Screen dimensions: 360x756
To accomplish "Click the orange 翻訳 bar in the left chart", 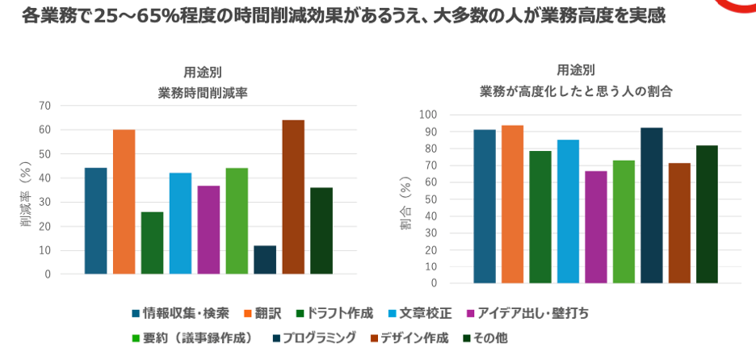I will [x=124, y=202].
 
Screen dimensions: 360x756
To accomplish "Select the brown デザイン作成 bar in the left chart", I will [x=293, y=197].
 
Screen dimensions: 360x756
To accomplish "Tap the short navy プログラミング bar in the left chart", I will [x=265, y=260].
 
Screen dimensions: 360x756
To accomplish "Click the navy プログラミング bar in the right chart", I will [x=651, y=205].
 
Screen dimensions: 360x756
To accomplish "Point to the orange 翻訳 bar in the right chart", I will [x=512, y=204].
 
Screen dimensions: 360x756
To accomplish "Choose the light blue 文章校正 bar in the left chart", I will [x=180, y=224].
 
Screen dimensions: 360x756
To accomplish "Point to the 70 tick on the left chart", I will [x=44, y=106].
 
